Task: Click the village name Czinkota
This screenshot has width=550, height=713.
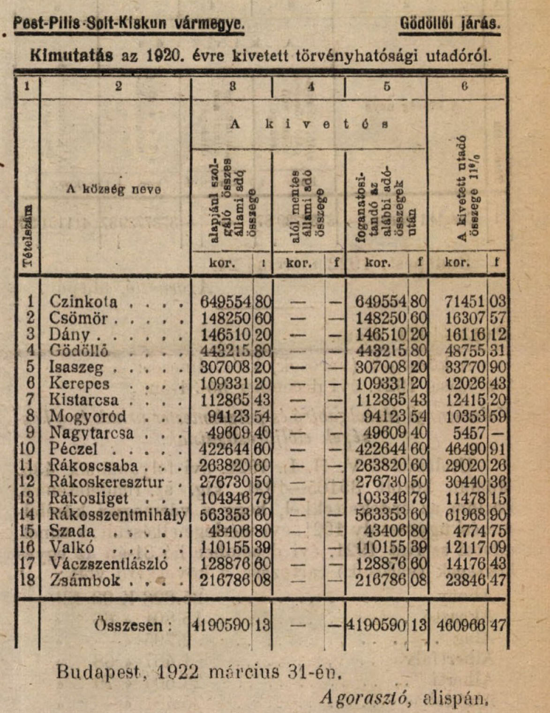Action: pyautogui.click(x=83, y=301)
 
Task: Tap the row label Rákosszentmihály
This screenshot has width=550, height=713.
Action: pyautogui.click(x=117, y=515)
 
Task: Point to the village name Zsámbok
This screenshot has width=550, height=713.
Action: pyautogui.click(x=84, y=580)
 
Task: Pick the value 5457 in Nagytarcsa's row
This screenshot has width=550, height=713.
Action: pyautogui.click(x=470, y=433)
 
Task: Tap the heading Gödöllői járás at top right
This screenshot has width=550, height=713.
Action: pyautogui.click(x=450, y=23)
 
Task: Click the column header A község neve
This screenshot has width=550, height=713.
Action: pyautogui.click(x=114, y=190)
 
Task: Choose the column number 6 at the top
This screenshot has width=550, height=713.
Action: pyautogui.click(x=465, y=86)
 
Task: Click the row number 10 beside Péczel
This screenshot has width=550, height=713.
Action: pyautogui.click(x=28, y=449)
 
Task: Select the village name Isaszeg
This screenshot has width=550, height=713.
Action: pyautogui.click(x=76, y=367)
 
